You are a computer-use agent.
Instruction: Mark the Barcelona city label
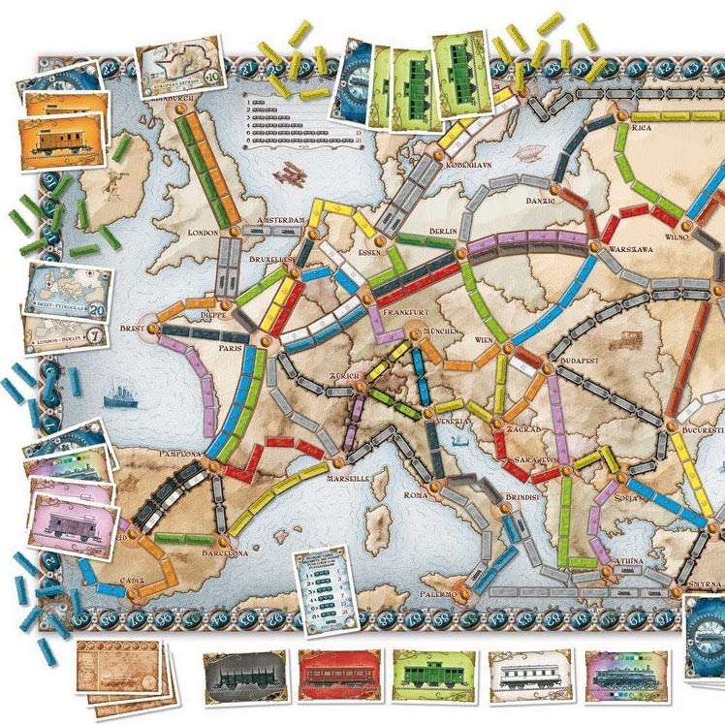click(224, 552)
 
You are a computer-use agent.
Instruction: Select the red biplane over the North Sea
click(291, 175)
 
